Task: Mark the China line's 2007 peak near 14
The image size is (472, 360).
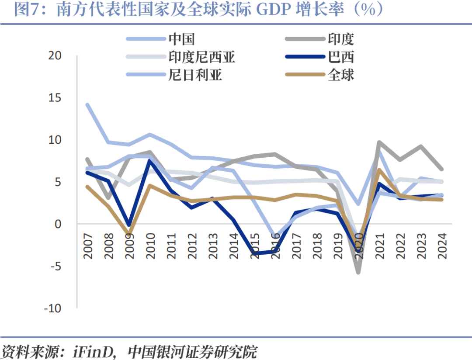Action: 88,105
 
